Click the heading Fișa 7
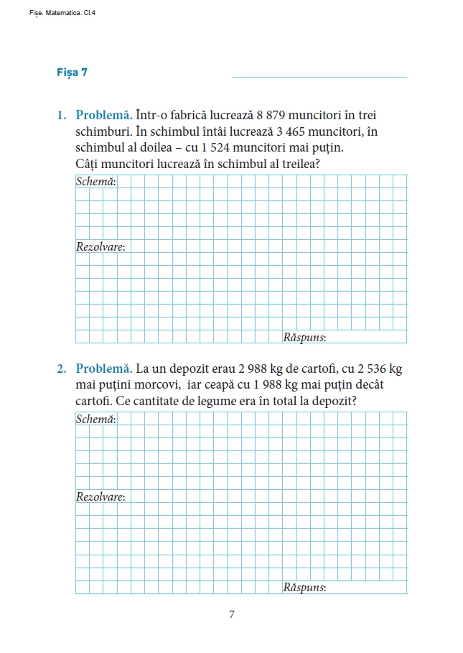click(x=72, y=73)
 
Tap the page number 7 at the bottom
click(x=231, y=614)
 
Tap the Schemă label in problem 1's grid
click(x=95, y=181)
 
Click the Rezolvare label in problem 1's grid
click(x=100, y=246)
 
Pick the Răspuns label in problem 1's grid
click(x=304, y=336)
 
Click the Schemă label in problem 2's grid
click(x=95, y=419)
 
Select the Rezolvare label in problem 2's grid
click(x=100, y=496)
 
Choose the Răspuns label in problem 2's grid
click(x=304, y=587)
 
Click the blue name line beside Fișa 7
click(x=319, y=77)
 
